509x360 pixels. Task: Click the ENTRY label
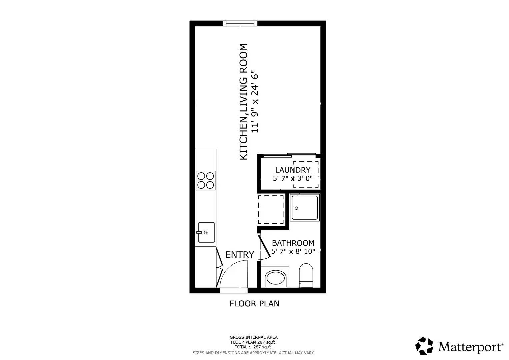[x=240, y=255]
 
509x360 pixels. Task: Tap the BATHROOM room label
[x=293, y=243]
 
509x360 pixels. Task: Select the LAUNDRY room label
[x=292, y=170]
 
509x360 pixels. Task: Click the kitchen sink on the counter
[x=206, y=232]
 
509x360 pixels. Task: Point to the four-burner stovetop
[x=206, y=180]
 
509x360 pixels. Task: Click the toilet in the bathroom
[x=306, y=275]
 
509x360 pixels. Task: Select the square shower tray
[x=305, y=208]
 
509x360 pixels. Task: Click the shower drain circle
[x=296, y=208]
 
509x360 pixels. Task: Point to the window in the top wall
[x=240, y=23]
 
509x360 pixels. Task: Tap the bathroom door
[x=264, y=247]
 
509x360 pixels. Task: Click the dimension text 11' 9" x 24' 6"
[x=255, y=101]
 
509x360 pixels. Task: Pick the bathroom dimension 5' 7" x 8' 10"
[x=293, y=252]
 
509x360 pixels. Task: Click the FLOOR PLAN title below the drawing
[x=254, y=304]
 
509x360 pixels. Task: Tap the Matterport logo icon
[x=424, y=346]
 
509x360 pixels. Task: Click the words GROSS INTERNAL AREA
[x=253, y=337]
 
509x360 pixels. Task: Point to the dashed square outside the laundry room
[x=271, y=210]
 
